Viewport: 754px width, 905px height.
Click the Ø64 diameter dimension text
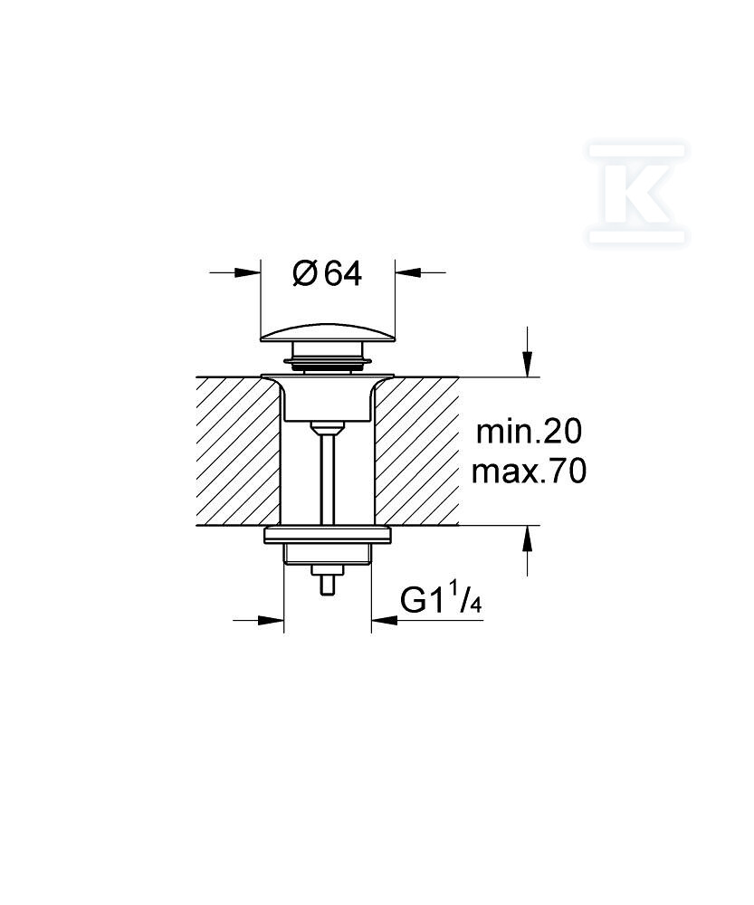(x=328, y=273)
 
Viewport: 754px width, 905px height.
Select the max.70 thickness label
(x=529, y=472)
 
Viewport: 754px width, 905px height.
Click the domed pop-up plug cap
(x=328, y=334)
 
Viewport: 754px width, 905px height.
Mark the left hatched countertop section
(x=237, y=452)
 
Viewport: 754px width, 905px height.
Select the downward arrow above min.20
(x=527, y=364)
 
